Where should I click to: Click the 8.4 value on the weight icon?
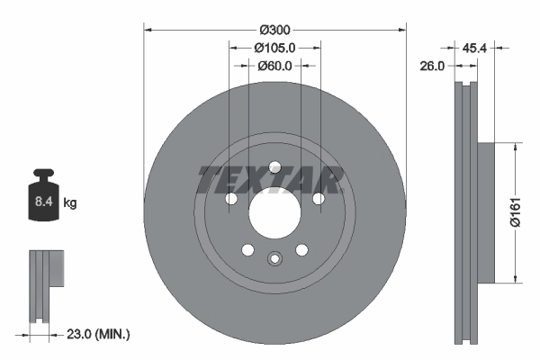click(x=42, y=202)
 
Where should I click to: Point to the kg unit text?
click(x=69, y=203)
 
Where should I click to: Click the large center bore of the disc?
click(x=274, y=212)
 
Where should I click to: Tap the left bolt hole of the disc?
click(x=230, y=199)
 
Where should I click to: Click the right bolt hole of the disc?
click(x=317, y=199)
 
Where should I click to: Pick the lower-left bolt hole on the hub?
click(x=247, y=250)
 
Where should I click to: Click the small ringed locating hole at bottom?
click(x=274, y=260)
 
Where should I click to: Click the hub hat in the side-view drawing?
click(x=483, y=211)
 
